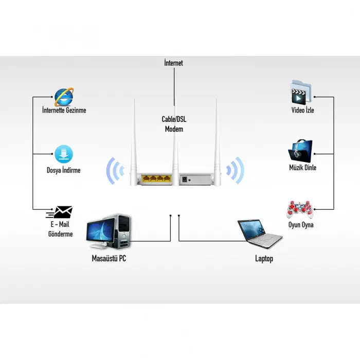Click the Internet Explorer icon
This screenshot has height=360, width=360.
coord(64,96)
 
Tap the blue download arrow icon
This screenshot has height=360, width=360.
coord(64,154)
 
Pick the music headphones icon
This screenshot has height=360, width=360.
coord(301,150)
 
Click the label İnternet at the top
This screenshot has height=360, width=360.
coord(173,63)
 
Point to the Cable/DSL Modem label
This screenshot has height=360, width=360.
coord(173,124)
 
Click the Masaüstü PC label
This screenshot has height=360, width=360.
coord(109,259)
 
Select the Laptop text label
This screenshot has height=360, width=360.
coord(264,259)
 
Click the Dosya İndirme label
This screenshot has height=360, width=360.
coord(63,170)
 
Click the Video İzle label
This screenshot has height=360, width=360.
coord(302,111)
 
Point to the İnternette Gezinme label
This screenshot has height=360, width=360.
coord(64,110)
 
